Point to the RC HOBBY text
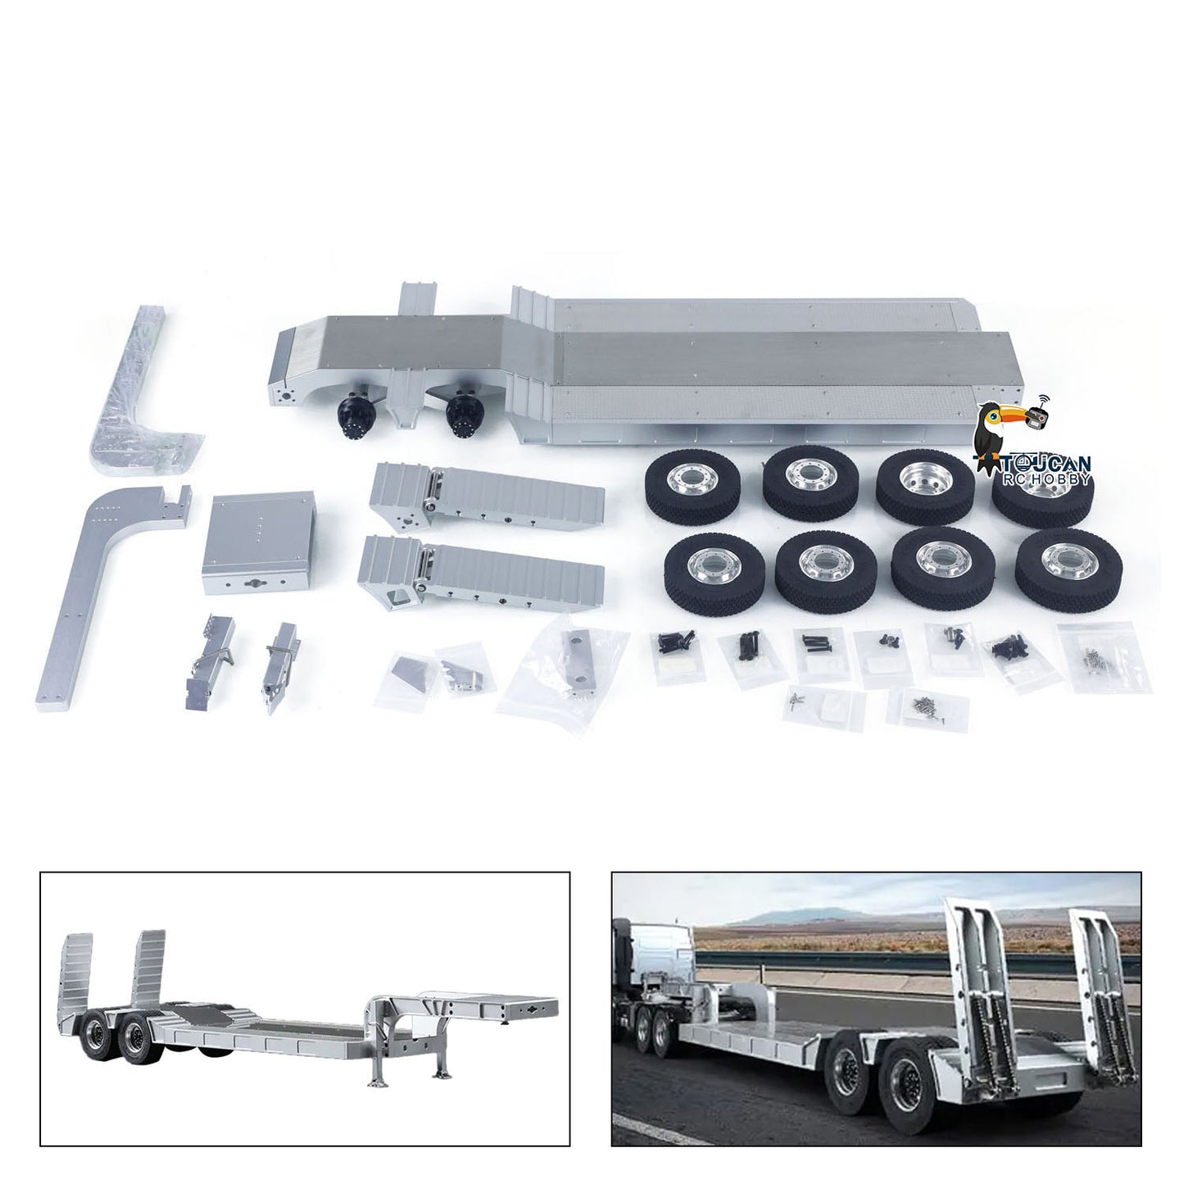(x=1048, y=479)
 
